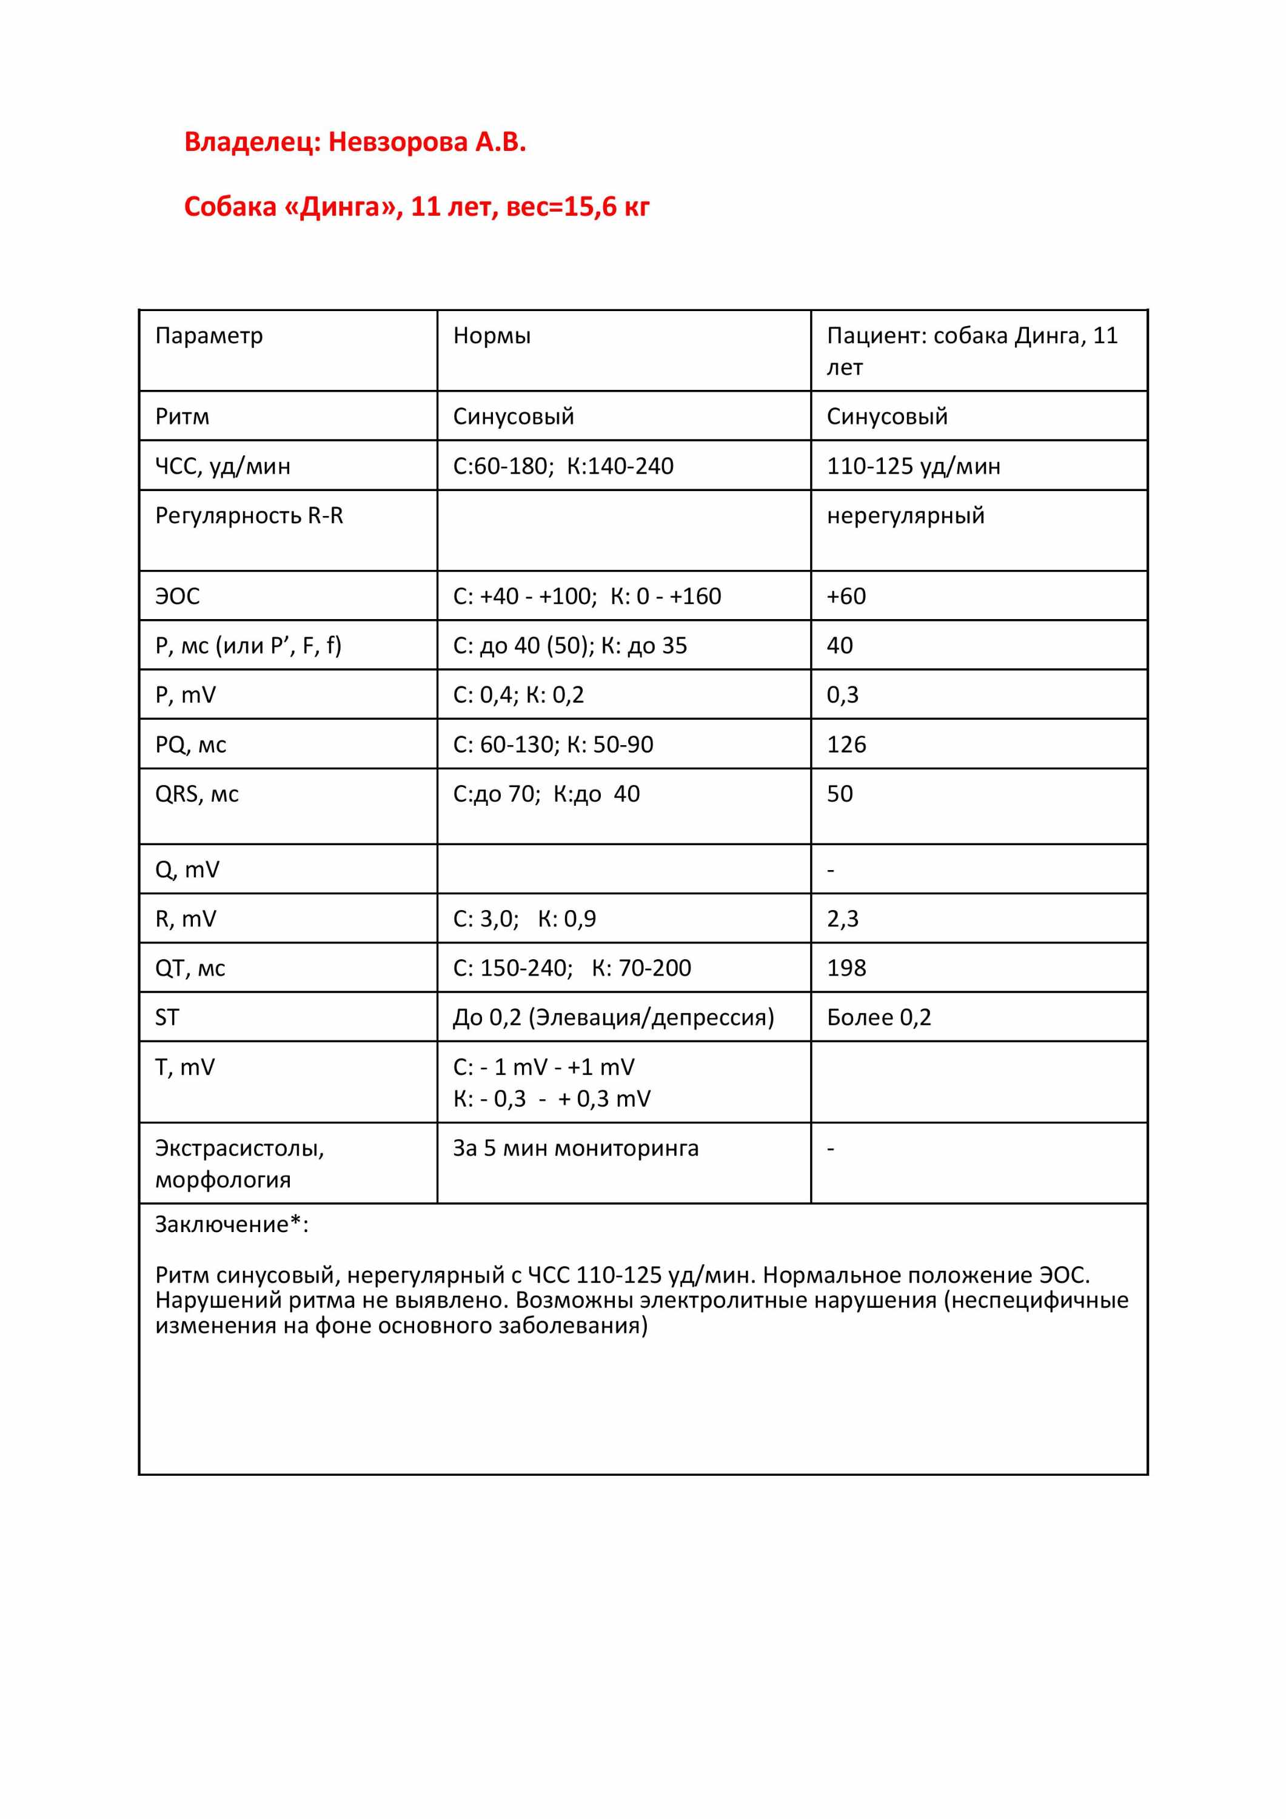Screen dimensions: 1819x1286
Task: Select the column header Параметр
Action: pos(209,336)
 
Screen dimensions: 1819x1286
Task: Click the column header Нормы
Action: pos(491,336)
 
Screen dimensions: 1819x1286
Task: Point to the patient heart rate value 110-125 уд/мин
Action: pos(913,466)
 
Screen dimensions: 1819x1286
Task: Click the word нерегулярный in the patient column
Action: pos(905,516)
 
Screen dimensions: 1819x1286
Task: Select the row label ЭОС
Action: pos(178,596)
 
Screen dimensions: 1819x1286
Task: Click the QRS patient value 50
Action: pos(839,794)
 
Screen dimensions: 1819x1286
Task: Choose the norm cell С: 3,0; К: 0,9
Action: pos(524,919)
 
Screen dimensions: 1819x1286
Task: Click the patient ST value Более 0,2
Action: pos(878,1017)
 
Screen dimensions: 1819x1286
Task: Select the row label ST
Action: pos(167,1017)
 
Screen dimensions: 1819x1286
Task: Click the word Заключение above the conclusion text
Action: pos(222,1225)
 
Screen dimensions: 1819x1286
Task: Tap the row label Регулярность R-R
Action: pos(249,516)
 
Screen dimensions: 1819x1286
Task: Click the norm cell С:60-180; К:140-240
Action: pos(563,466)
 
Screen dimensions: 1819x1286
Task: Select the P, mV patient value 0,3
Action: pos(842,695)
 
